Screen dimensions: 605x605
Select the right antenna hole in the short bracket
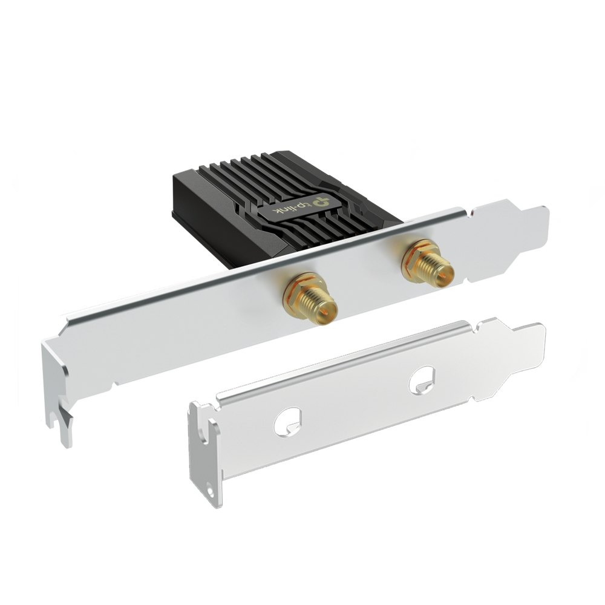[421, 381]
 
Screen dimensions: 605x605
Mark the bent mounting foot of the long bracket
[57, 387]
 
